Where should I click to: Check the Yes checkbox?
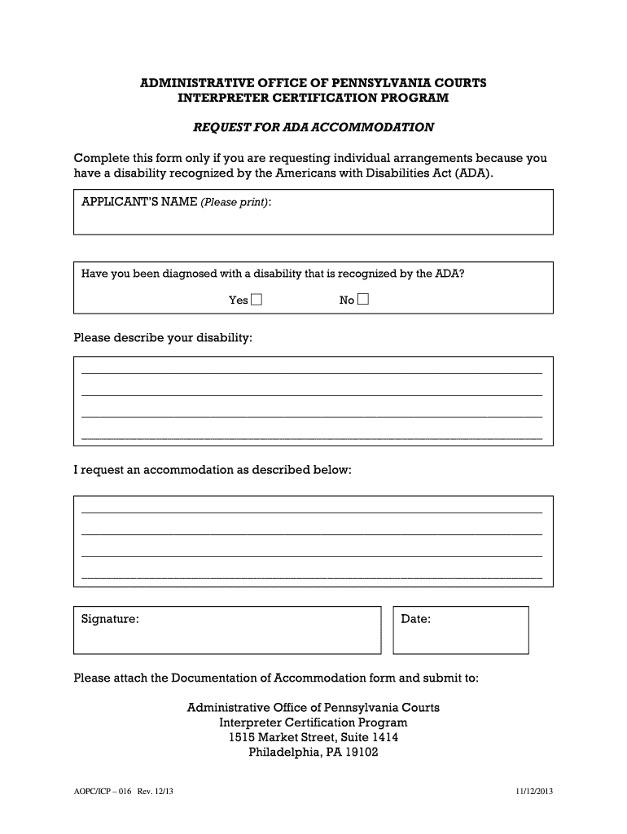click(x=257, y=300)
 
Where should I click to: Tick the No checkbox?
click(x=363, y=300)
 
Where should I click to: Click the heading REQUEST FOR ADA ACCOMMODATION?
click(x=313, y=128)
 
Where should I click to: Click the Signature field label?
click(x=110, y=620)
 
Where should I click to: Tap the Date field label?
click(x=415, y=620)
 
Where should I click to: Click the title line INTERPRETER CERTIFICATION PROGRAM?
click(x=313, y=99)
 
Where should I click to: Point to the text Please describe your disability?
click(x=163, y=337)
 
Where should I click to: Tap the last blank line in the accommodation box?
click(x=312, y=576)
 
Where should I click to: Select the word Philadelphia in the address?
click(x=282, y=753)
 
